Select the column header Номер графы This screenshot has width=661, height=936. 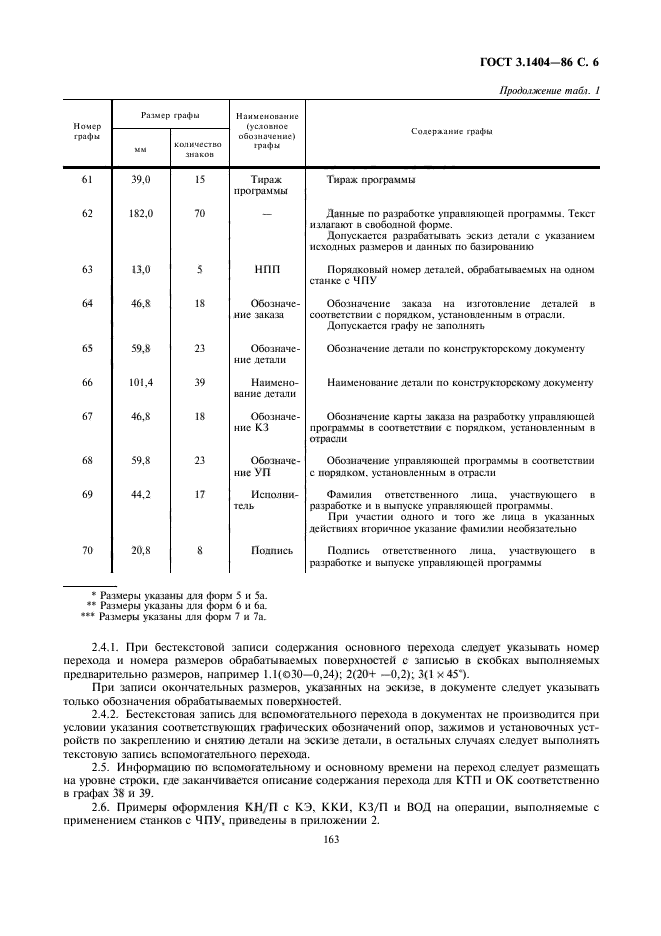pyautogui.click(x=88, y=131)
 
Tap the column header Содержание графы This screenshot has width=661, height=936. pyautogui.click(x=452, y=132)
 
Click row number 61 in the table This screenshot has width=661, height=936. pyautogui.click(x=87, y=180)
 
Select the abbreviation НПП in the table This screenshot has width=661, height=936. pyautogui.click(x=265, y=270)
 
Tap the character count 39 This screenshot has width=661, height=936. pyautogui.click(x=200, y=382)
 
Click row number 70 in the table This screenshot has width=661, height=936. pyautogui.click(x=87, y=550)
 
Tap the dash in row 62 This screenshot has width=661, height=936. pyautogui.click(x=265, y=214)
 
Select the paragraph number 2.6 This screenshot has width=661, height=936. pyautogui.click(x=102, y=806)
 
